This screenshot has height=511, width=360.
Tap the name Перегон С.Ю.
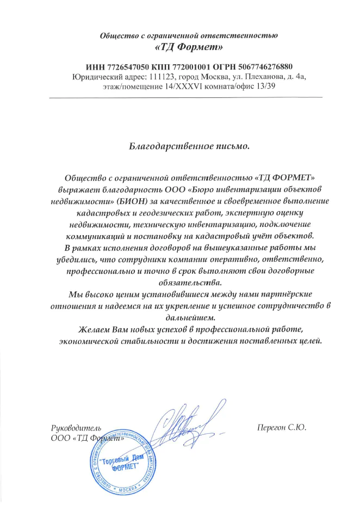tap(282, 427)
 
